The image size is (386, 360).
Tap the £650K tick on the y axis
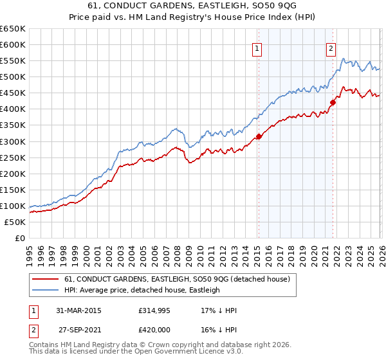(13, 29)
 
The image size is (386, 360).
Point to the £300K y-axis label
(13, 141)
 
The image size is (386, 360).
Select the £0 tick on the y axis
(19, 238)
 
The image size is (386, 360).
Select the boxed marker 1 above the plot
(257, 47)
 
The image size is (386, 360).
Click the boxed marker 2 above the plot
(331, 47)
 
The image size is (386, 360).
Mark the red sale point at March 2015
(259, 136)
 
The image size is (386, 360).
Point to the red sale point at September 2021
(333, 102)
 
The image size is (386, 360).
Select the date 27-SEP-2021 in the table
(78, 329)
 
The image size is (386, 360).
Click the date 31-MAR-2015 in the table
(78, 310)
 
